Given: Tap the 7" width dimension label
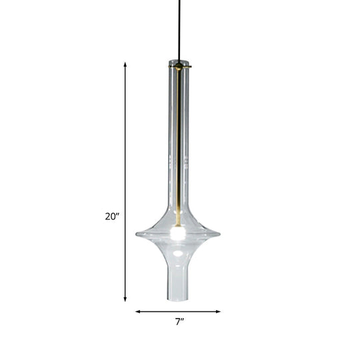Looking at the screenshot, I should pos(179,322).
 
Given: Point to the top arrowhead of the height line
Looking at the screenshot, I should pos(125,65).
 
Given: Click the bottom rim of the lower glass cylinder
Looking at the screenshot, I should pos(178,299).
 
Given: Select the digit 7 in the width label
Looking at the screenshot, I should pos(177,322).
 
